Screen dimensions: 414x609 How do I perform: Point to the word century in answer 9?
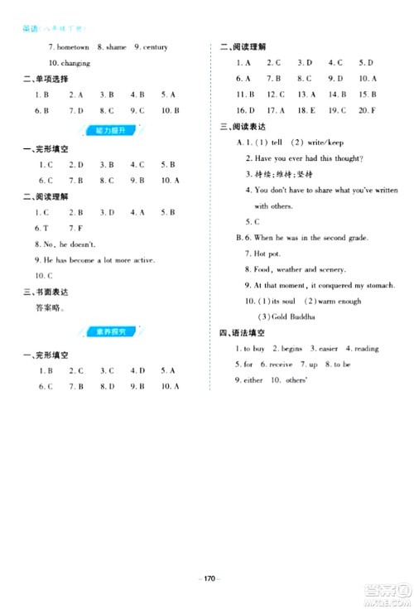pos(154,47)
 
